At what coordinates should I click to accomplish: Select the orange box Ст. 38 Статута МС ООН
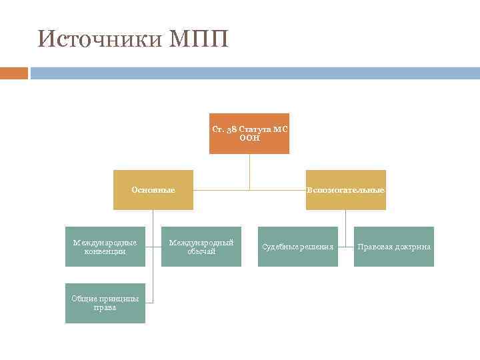pos(249,133)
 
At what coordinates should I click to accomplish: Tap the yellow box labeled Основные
pos(153,190)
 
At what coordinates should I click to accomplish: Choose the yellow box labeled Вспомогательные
pos(345,190)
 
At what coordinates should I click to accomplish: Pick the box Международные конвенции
pos(105,247)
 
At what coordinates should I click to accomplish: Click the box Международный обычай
pos(201,247)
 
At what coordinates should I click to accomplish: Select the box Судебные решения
pos(298,247)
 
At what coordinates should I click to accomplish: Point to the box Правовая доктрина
pos(394,247)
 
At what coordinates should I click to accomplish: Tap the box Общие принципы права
pos(105,303)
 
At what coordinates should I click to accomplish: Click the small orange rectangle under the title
pos(13,73)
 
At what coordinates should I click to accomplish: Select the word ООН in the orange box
pos(249,138)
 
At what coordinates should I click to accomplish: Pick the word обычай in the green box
pos(201,251)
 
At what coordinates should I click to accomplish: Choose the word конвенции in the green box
pos(105,251)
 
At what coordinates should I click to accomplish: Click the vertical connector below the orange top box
pos(249,171)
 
